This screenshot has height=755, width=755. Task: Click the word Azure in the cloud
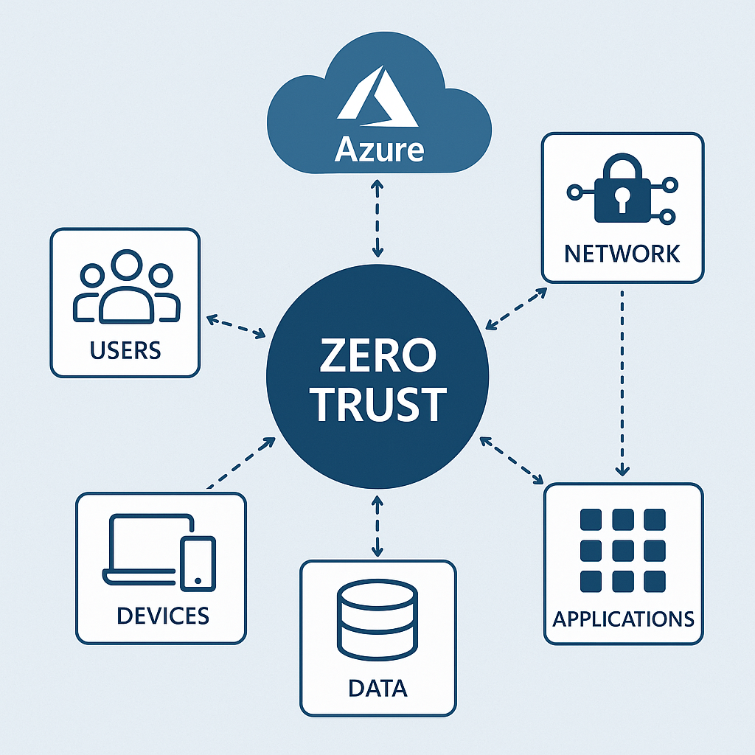(379, 150)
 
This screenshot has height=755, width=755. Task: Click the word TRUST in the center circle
(377, 405)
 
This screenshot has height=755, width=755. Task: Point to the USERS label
(125, 350)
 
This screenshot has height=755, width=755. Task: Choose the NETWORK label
(622, 254)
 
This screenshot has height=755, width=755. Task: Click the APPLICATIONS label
(623, 618)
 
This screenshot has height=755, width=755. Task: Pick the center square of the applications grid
(623, 550)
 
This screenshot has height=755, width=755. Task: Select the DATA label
(377, 689)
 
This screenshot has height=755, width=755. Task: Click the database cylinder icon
(377, 622)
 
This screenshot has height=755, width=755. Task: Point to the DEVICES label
(162, 614)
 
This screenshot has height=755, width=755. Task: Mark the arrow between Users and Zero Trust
(236, 327)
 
